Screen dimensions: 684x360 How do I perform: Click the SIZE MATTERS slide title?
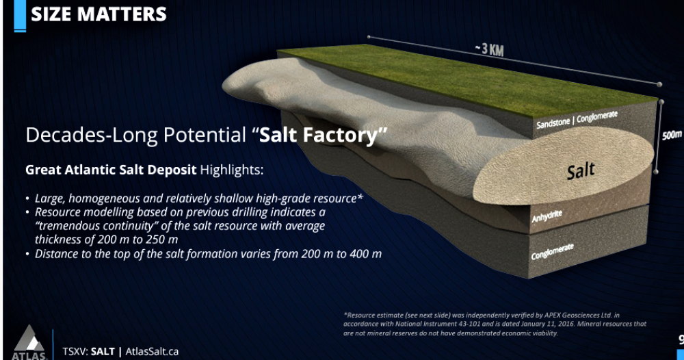pyautogui.click(x=98, y=14)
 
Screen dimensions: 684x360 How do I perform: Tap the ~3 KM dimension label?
pyautogui.click(x=490, y=49)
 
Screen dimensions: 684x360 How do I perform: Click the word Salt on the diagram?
pyautogui.click(x=581, y=170)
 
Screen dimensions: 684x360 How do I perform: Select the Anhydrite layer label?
pyautogui.click(x=547, y=216)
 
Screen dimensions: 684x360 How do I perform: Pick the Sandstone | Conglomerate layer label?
pyautogui.click(x=577, y=120)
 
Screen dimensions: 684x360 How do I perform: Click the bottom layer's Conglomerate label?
pyautogui.click(x=552, y=252)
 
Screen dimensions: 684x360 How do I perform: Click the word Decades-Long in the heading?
pyautogui.click(x=92, y=136)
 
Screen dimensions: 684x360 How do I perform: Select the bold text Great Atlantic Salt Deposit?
pyautogui.click(x=111, y=169)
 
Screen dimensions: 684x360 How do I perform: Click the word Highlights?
pyautogui.click(x=232, y=169)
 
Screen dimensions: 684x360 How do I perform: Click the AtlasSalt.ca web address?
pyautogui.click(x=152, y=352)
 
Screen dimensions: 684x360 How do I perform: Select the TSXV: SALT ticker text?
pyautogui.click(x=88, y=352)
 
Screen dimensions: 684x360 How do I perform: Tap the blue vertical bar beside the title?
pyautogui.click(x=20, y=16)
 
